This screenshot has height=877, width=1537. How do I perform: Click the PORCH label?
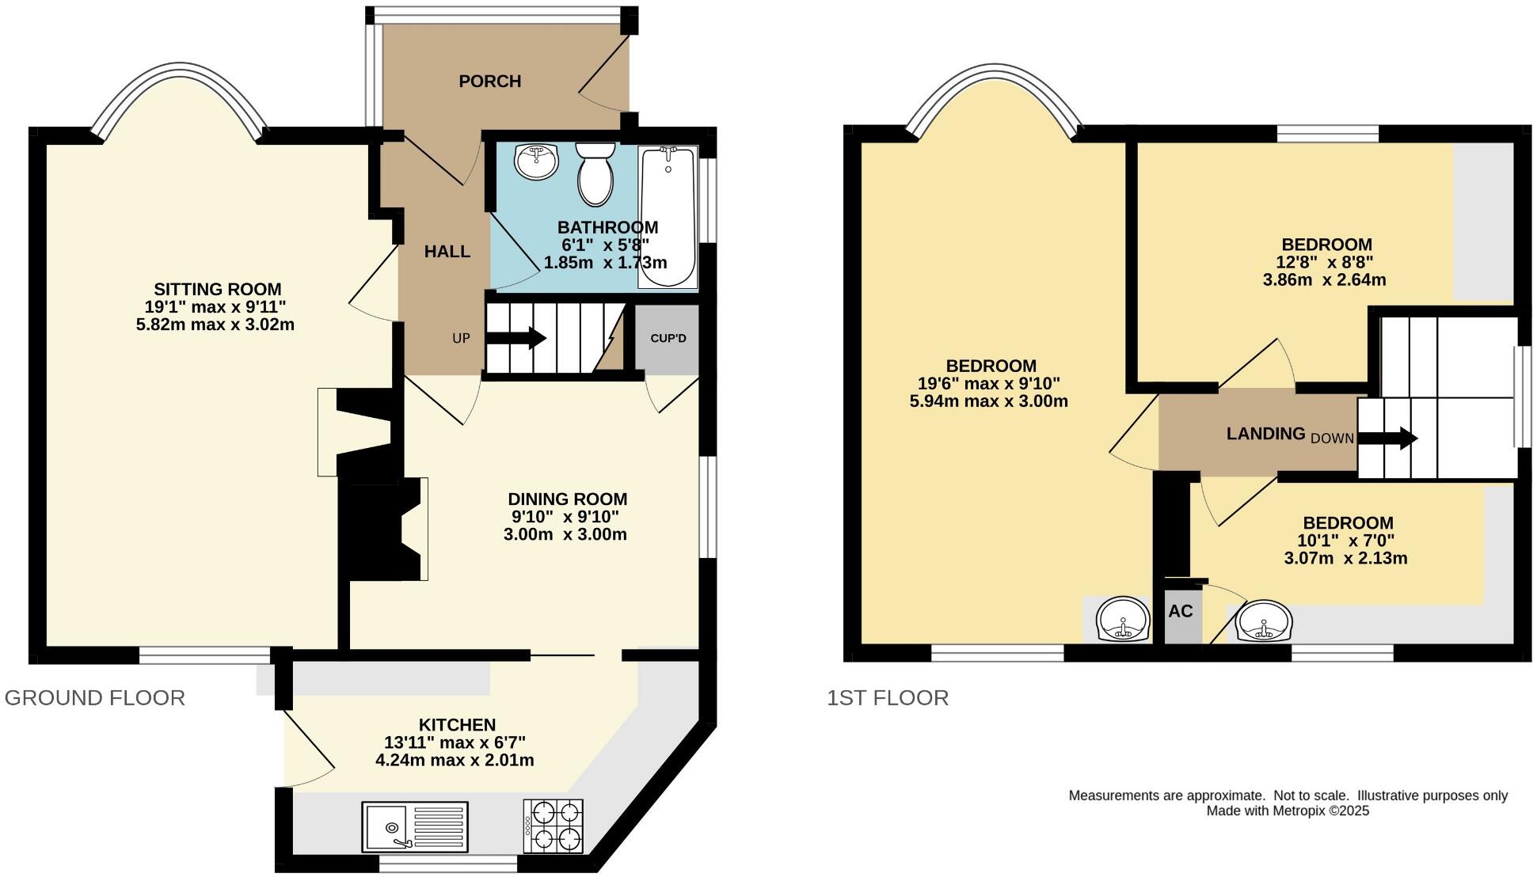pyautogui.click(x=489, y=81)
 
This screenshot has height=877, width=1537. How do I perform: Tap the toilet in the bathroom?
pyautogui.click(x=595, y=173)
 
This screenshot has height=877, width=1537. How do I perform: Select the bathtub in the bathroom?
pyautogui.click(x=668, y=216)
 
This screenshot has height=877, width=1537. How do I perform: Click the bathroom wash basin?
pyautogui.click(x=537, y=161)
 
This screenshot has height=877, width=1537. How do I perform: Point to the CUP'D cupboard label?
pyautogui.click(x=668, y=338)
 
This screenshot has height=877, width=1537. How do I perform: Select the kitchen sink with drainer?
pyautogui.click(x=415, y=827)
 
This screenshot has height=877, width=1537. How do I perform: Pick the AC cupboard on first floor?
pyautogui.click(x=1181, y=612)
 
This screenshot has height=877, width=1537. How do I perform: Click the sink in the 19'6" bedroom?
pyautogui.click(x=1122, y=620)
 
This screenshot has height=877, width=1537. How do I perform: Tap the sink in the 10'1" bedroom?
pyautogui.click(x=1265, y=621)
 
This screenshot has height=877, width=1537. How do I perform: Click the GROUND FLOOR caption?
pyautogui.click(x=95, y=697)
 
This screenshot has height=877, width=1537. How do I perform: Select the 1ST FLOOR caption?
pyautogui.click(x=887, y=697)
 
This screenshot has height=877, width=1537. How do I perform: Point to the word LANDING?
pyautogui.click(x=1265, y=434)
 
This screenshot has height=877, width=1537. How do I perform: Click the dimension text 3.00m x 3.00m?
pyautogui.click(x=565, y=534)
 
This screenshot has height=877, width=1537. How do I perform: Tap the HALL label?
pyautogui.click(x=447, y=252)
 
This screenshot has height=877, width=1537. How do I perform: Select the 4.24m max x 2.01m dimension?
pyautogui.click(x=455, y=761)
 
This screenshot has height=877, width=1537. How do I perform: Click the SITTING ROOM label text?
pyautogui.click(x=217, y=290)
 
